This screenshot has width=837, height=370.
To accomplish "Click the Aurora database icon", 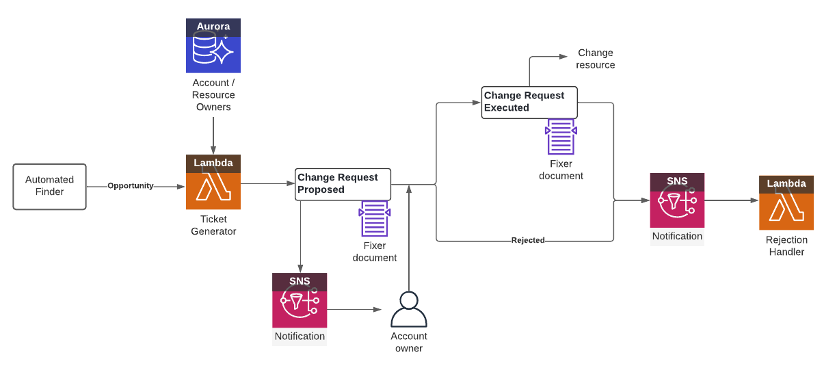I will pyautogui.click(x=213, y=46).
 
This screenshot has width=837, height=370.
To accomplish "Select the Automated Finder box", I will pyautogui.click(x=49, y=186).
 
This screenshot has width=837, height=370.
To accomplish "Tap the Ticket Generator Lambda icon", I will pyautogui.click(x=213, y=182).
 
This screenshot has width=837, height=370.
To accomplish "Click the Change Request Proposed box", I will pyautogui.click(x=343, y=184).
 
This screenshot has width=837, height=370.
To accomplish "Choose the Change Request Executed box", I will pyautogui.click(x=529, y=102).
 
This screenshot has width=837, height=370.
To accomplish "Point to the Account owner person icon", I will pyautogui.click(x=408, y=310).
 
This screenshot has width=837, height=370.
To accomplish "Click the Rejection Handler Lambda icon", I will pyautogui.click(x=786, y=202).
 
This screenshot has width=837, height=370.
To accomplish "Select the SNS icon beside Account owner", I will pyautogui.click(x=300, y=300).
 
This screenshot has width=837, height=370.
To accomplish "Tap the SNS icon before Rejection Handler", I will pyautogui.click(x=677, y=200).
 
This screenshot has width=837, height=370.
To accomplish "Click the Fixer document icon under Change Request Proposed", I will pyautogui.click(x=374, y=218).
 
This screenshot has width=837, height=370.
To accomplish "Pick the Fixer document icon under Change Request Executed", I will pyautogui.click(x=561, y=137).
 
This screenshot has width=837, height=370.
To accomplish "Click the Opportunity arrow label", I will pyautogui.click(x=131, y=186).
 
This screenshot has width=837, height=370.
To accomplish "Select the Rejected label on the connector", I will pyautogui.click(x=528, y=241).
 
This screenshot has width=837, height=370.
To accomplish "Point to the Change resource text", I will pyautogui.click(x=595, y=59).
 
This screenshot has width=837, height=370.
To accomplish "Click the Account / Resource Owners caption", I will pyautogui.click(x=213, y=95).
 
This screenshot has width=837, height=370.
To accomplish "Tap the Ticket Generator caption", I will pyautogui.click(x=213, y=226).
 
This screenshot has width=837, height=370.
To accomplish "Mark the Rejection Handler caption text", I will pyautogui.click(x=786, y=246).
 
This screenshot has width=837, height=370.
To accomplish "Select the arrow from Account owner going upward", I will pyautogui.click(x=409, y=239).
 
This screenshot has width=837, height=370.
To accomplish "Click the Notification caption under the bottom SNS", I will pyautogui.click(x=300, y=336).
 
